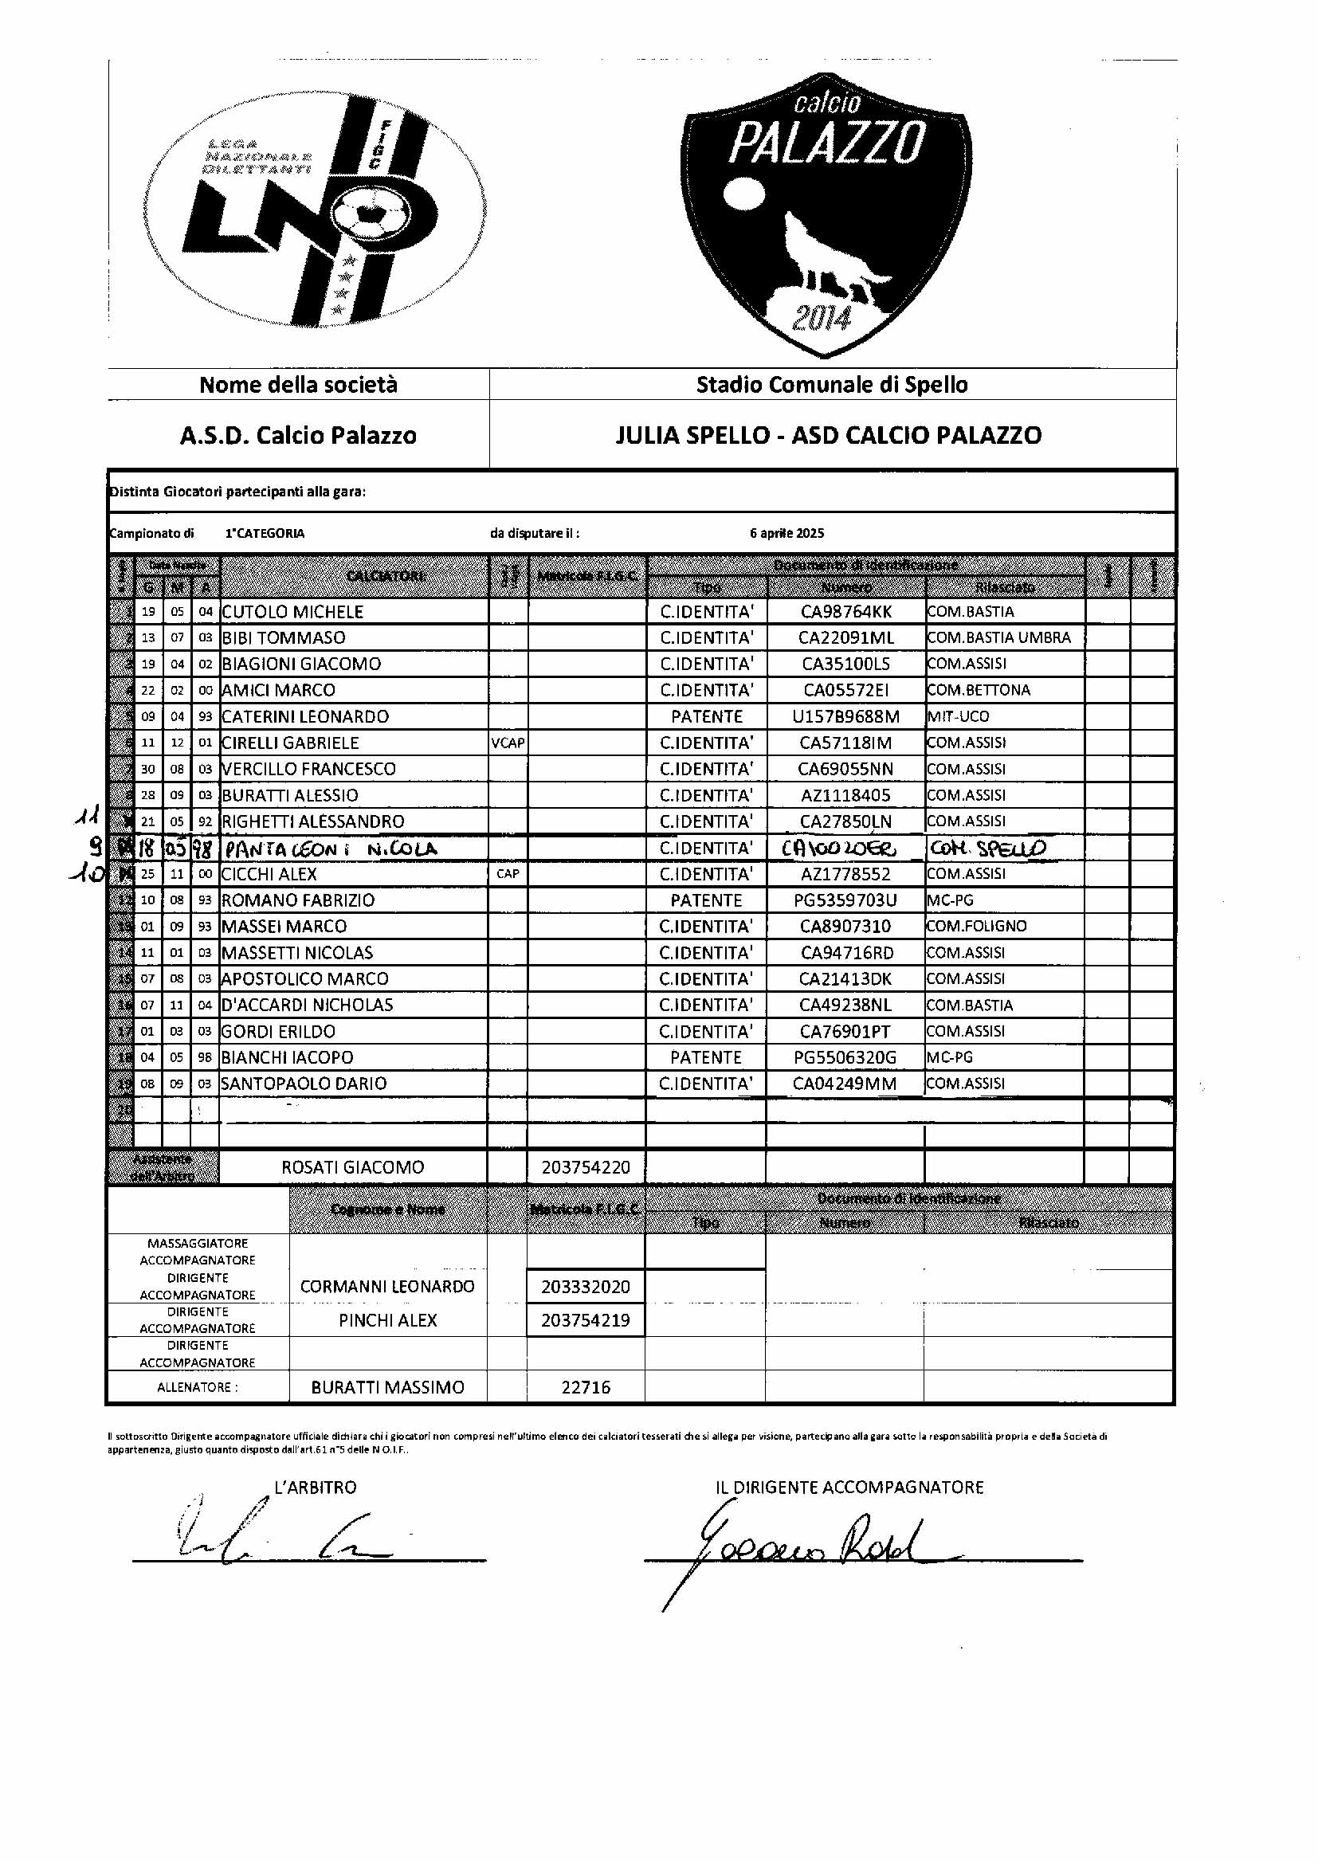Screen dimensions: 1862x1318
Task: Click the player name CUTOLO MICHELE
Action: pyautogui.click(x=292, y=612)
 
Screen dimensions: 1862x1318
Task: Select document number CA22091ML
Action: pyautogui.click(x=845, y=637)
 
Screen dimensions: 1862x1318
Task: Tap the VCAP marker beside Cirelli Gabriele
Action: pyautogui.click(x=508, y=743)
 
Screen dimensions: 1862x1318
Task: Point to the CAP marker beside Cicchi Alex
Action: pyautogui.click(x=508, y=874)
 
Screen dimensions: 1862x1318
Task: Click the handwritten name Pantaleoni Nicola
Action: pyautogui.click(x=331, y=849)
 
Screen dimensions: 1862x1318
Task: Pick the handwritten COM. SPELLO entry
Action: pyautogui.click(x=987, y=849)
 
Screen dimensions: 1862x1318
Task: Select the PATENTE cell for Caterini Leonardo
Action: pyautogui.click(x=706, y=716)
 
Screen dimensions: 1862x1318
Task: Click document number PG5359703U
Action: pyautogui.click(x=845, y=900)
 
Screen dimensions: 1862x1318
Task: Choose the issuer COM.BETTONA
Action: pyautogui.click(x=978, y=691)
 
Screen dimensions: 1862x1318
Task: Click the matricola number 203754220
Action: pyautogui.click(x=585, y=1167)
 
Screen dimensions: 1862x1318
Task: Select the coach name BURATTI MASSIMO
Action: pyautogui.click(x=387, y=1387)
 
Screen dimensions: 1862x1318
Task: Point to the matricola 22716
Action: pyautogui.click(x=585, y=1387)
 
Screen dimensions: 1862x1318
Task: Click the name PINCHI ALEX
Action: pyautogui.click(x=387, y=1321)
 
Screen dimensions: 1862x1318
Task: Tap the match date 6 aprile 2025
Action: pyautogui.click(x=786, y=533)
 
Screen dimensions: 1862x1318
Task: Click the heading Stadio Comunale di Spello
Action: pyautogui.click(x=832, y=385)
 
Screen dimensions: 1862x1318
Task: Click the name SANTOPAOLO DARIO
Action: pyautogui.click(x=304, y=1084)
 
